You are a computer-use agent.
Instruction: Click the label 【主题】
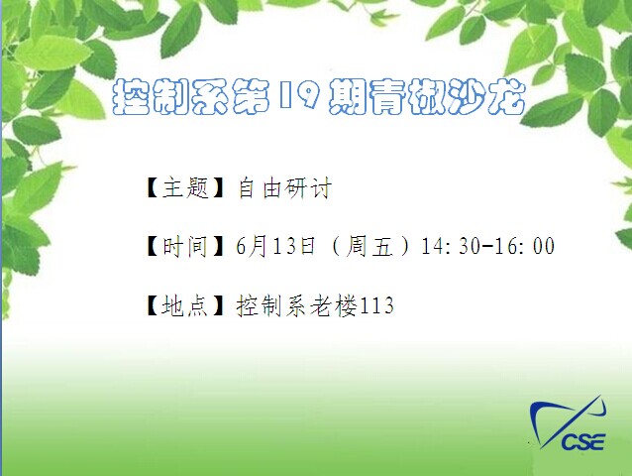(184, 187)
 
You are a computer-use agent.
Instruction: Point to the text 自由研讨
(284, 187)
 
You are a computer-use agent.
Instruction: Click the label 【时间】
(184, 246)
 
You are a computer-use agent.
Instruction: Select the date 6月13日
(275, 246)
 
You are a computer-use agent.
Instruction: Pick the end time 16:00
(524, 246)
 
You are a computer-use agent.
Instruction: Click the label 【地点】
(184, 305)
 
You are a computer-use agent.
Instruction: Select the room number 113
(375, 305)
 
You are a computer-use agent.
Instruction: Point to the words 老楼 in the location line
(333, 305)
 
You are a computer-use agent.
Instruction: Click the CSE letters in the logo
(583, 441)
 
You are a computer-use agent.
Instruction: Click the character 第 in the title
(252, 96)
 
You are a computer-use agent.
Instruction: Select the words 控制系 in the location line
(272, 305)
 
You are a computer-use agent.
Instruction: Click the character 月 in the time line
(257, 246)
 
